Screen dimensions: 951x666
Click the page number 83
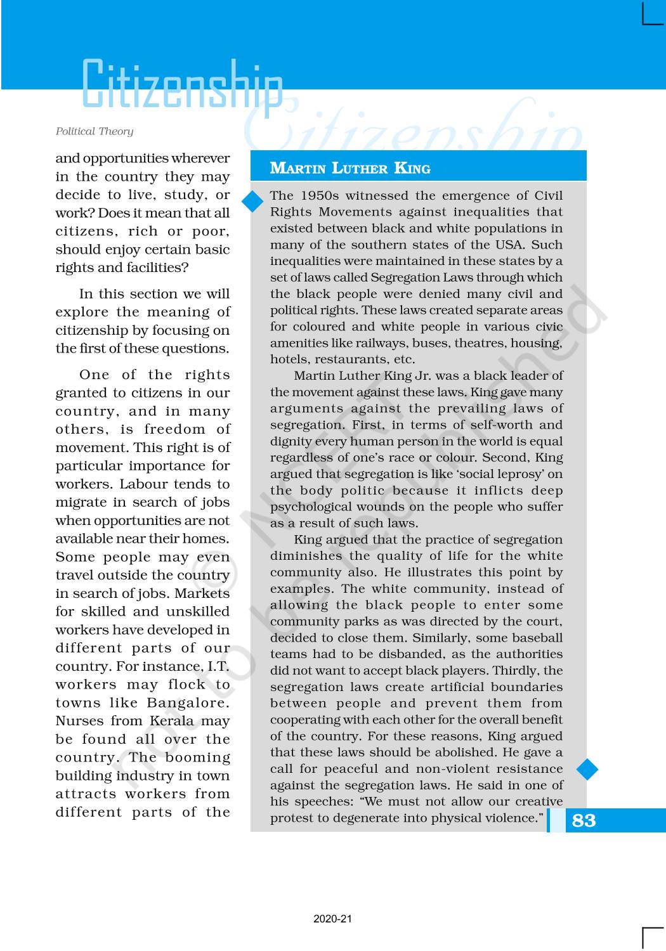(x=584, y=820)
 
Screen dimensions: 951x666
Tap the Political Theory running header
(x=95, y=131)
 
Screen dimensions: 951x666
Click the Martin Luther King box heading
(x=350, y=168)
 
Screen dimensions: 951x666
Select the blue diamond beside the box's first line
(x=252, y=202)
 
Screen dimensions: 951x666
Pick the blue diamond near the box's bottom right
(x=587, y=769)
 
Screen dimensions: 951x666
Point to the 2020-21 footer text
(x=332, y=919)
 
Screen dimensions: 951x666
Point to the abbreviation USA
(x=511, y=245)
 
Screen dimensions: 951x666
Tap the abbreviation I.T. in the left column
(x=218, y=666)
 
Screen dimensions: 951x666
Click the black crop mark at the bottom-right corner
(x=653, y=938)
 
